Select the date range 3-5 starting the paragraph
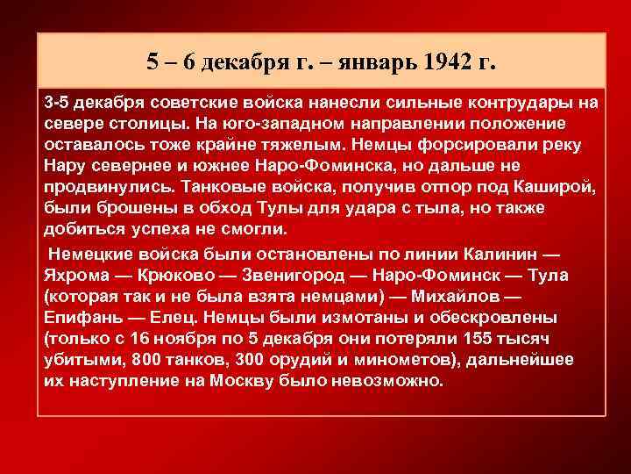(x=58, y=103)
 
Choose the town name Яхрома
(x=74, y=276)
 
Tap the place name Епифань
(x=78, y=317)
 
